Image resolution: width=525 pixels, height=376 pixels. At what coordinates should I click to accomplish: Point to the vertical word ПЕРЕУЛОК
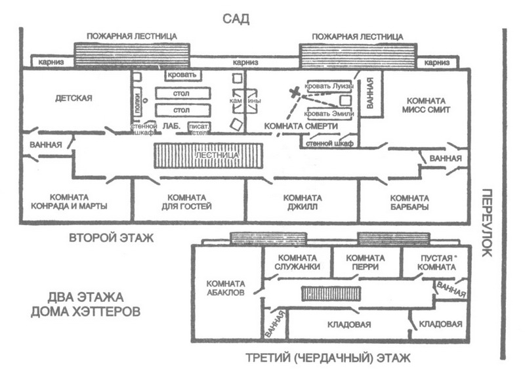click(487, 223)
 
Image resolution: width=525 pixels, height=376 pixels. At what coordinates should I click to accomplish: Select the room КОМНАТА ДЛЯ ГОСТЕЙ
click(189, 201)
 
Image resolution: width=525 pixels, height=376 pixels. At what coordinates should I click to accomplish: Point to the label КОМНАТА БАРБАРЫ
click(409, 201)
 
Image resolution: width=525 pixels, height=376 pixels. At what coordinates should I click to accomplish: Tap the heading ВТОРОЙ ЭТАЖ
click(111, 238)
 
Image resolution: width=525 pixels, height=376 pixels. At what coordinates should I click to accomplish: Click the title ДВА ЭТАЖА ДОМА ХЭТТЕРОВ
click(85, 303)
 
